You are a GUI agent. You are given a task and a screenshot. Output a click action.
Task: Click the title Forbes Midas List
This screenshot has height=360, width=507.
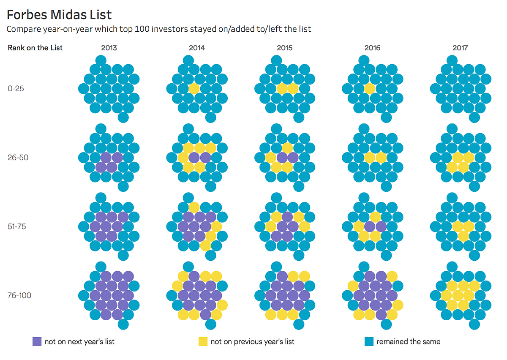[x=60, y=15]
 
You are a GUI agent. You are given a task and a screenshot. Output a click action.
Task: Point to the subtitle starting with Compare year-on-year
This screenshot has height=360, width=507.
[x=159, y=29]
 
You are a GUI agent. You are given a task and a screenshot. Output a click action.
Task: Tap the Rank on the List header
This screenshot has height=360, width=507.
[x=35, y=48]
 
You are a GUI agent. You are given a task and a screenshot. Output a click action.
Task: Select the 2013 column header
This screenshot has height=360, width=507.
[x=109, y=48]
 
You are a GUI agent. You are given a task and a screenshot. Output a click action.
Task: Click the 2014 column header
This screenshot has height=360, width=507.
[x=197, y=48]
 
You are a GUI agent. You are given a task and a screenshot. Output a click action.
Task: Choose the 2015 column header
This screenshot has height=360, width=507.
[x=285, y=48]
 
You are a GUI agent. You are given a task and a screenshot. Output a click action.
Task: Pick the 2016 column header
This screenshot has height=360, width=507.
[x=372, y=48]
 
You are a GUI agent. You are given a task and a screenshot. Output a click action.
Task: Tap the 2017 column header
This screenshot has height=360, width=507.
[x=460, y=48]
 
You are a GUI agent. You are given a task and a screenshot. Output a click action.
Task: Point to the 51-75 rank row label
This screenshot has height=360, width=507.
[x=17, y=226]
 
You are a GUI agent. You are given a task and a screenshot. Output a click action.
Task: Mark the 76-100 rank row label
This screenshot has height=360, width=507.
[x=19, y=295]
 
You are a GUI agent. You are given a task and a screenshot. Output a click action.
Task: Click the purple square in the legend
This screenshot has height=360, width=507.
[x=37, y=341]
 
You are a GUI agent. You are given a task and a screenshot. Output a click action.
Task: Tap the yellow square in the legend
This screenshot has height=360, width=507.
[x=203, y=341]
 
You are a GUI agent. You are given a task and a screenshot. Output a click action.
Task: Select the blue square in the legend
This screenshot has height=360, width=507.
[x=369, y=341]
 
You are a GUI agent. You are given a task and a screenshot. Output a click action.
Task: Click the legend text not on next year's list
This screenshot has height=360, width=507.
[x=79, y=341]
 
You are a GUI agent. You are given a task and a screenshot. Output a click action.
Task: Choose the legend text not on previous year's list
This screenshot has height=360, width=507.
[x=253, y=341]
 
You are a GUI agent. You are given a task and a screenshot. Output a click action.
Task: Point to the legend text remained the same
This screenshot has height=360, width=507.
[x=409, y=341]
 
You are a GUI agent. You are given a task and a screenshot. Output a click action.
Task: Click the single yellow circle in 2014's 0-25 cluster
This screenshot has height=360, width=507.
[x=194, y=89]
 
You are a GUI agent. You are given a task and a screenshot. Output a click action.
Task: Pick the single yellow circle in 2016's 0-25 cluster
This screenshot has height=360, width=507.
[x=370, y=89]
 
